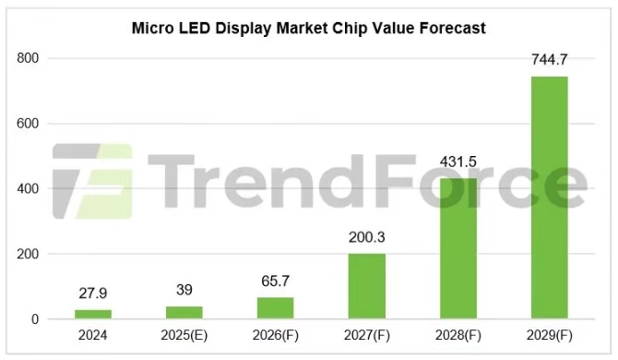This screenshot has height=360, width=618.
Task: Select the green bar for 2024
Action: [93, 314]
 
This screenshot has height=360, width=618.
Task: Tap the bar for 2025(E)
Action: [184, 312]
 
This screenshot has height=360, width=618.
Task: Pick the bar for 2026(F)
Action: [276, 308]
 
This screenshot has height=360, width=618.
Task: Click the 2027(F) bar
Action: [367, 286]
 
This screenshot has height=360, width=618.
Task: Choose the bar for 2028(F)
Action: [458, 248]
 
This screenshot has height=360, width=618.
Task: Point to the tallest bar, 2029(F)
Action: [550, 198]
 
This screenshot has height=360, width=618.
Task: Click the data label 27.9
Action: [93, 294]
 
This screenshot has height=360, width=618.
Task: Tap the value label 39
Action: [184, 290]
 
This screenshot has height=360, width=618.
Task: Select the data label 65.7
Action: [276, 282]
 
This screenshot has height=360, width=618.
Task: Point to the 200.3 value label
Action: [367, 237]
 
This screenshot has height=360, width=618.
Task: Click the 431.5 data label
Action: [458, 162]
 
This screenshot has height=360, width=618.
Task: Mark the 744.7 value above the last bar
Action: [550, 60]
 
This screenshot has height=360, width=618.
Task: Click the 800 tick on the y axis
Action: [28, 58]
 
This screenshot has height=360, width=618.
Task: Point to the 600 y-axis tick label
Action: [28, 124]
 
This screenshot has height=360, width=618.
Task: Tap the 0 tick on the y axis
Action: [35, 319]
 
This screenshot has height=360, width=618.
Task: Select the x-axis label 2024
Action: [93, 336]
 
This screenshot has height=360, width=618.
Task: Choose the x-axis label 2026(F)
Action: [276, 336]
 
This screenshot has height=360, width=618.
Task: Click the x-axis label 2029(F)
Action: [550, 336]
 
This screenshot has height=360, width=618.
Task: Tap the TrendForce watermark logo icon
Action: [93, 181]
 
